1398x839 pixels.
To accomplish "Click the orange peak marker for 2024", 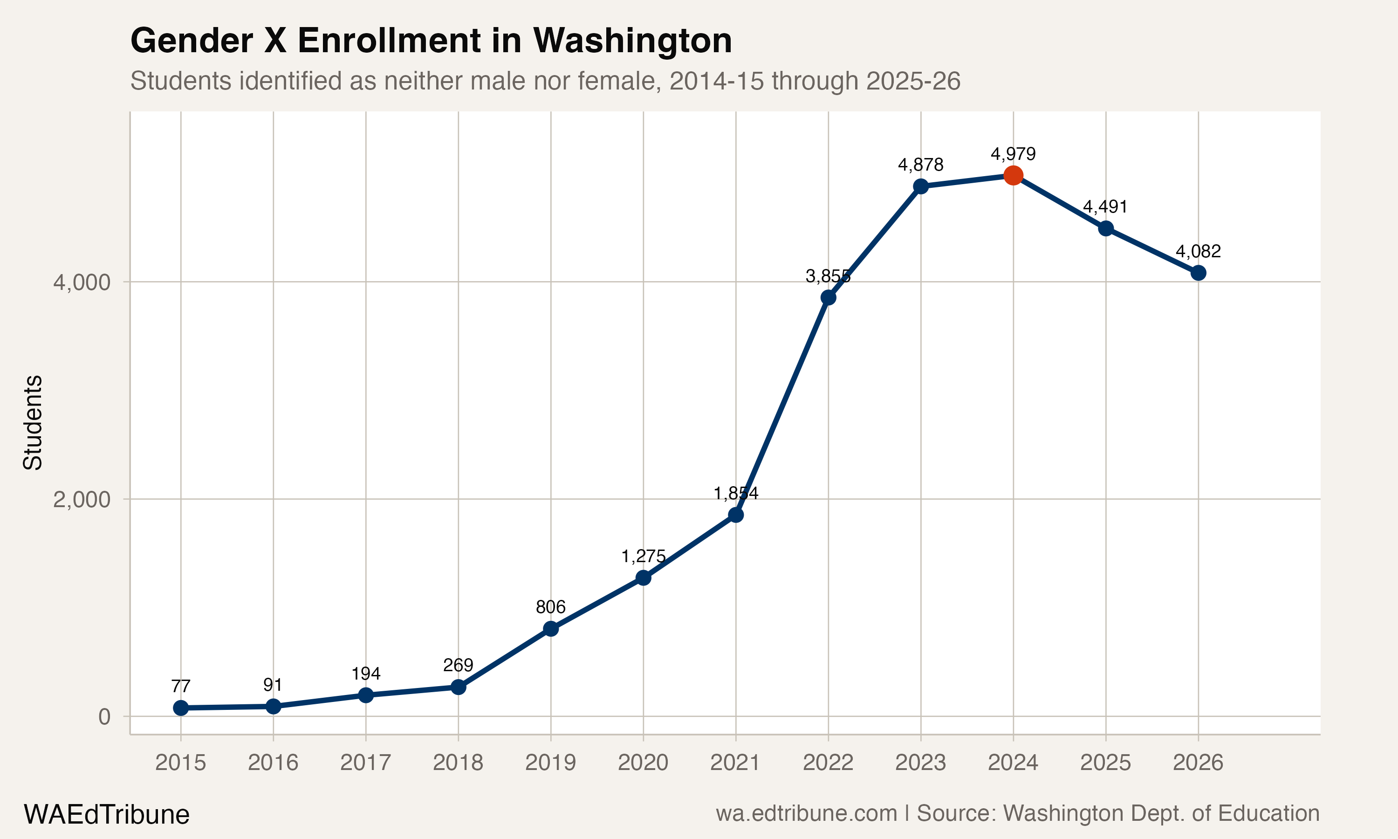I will (x=1013, y=175).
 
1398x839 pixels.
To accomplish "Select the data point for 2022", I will (x=829, y=297).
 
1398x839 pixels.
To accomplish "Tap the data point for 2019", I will (x=551, y=629).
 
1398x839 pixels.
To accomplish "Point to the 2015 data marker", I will (x=181, y=708).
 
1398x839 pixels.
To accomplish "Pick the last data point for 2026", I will (x=1199, y=273).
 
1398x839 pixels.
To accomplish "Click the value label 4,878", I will (x=920, y=165).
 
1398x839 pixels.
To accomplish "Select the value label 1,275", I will (x=643, y=557).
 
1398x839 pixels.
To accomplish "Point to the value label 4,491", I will (x=1105, y=206).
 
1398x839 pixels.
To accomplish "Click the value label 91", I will (x=273, y=685).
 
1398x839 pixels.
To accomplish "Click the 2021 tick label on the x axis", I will (x=735, y=763).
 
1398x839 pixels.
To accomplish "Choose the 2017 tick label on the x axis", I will (x=366, y=763).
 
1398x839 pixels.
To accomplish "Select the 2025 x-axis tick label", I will (x=1105, y=763).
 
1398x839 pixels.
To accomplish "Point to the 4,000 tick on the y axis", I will (x=82, y=282).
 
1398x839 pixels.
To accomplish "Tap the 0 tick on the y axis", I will (x=104, y=716).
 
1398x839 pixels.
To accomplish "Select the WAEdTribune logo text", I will (x=106, y=815).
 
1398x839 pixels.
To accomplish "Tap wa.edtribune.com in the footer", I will (x=806, y=813).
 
